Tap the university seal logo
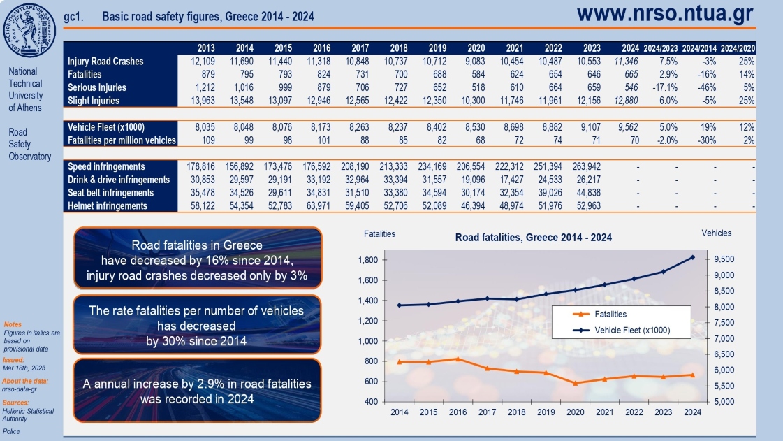point(31,31)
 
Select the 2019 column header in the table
point(437,48)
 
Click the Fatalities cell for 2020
point(476,74)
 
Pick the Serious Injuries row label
point(96,87)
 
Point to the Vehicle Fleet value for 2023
point(592,127)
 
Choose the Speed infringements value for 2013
point(201,167)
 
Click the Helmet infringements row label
point(108,206)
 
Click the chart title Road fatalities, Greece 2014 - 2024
point(533,238)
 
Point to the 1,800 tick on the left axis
point(367,260)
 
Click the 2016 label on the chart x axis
point(458,413)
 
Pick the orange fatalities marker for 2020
point(575,383)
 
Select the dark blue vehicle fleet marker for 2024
point(692,257)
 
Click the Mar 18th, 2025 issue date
point(24,368)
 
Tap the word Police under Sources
point(12,432)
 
